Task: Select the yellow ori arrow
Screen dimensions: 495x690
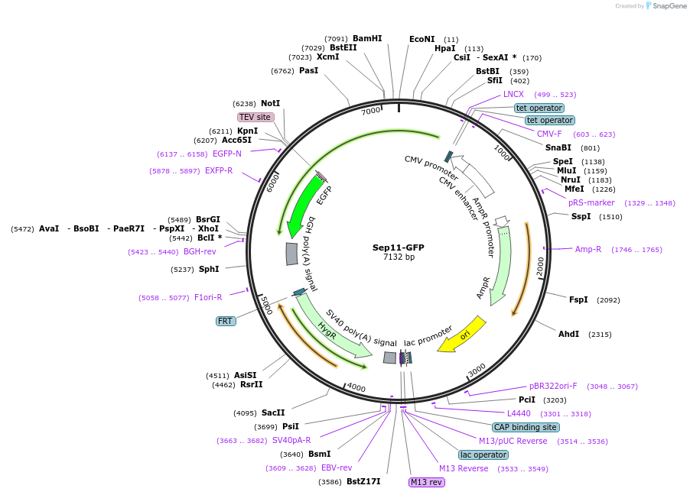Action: pyautogui.click(x=464, y=335)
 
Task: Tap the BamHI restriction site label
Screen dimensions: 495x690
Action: pyautogui.click(x=367, y=38)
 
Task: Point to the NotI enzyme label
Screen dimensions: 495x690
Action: pyautogui.click(x=270, y=103)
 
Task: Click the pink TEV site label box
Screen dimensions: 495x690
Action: pyautogui.click(x=255, y=117)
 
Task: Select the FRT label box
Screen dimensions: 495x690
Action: pyautogui.click(x=226, y=321)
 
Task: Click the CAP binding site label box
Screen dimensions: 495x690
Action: pyautogui.click(x=526, y=427)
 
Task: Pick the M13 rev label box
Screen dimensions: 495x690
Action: pyautogui.click(x=426, y=482)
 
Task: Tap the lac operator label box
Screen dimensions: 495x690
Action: pyautogui.click(x=483, y=455)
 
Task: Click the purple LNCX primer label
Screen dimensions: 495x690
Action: pyautogui.click(x=513, y=94)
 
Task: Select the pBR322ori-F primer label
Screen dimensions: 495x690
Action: pyautogui.click(x=553, y=386)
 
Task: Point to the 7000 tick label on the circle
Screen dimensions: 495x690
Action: pyautogui.click(x=371, y=112)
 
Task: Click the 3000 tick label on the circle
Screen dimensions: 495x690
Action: pyautogui.click(x=477, y=370)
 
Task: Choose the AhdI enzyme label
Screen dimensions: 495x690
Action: pyautogui.click(x=568, y=334)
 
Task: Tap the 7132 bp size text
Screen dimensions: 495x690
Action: pyautogui.click(x=399, y=257)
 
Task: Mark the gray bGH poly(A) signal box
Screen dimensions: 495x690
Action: pyautogui.click(x=291, y=254)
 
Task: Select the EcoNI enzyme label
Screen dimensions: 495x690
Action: pyautogui.click(x=421, y=39)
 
